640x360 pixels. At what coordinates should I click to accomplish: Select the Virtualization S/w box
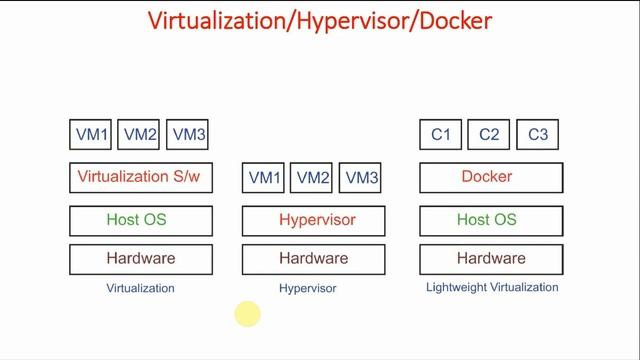point(140,178)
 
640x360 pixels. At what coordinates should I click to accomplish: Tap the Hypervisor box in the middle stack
point(316,220)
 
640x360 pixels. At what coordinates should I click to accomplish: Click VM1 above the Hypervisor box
point(264,178)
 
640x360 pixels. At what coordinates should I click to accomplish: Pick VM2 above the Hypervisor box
point(312,178)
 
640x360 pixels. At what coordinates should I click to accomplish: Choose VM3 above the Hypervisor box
point(361,178)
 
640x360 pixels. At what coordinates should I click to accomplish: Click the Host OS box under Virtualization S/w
point(140,220)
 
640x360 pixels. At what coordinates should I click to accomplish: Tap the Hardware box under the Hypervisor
point(313,259)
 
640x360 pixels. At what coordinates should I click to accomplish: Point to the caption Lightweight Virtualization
point(491,287)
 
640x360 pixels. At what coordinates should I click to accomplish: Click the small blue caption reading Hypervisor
point(307,288)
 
